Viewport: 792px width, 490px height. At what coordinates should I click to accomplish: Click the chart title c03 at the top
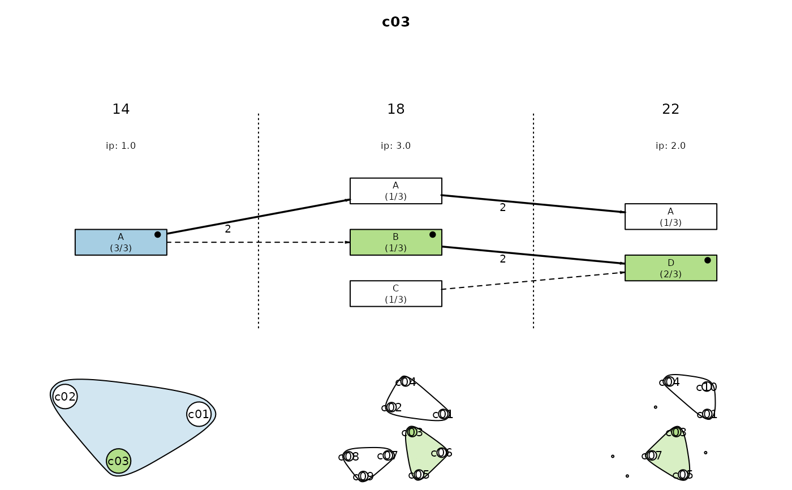pos(395,22)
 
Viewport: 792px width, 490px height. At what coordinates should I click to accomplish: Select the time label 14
pos(120,109)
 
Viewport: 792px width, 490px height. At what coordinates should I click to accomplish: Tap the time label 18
pos(395,109)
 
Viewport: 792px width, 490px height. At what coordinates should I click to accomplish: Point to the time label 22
pos(670,109)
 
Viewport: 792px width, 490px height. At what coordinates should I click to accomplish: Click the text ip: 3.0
pos(395,146)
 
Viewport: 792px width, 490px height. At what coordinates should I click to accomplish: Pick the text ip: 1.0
pos(120,146)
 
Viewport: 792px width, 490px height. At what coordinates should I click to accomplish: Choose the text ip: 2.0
pos(670,146)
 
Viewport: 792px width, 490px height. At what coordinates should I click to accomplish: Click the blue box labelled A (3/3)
pos(120,242)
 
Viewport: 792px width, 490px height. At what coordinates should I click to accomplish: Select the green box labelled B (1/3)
pos(395,242)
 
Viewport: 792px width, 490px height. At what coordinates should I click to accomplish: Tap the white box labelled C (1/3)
pos(395,294)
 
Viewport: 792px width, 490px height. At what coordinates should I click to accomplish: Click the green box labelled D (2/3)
pos(670,268)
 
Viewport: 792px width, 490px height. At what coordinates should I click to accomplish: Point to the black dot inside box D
pos(707,260)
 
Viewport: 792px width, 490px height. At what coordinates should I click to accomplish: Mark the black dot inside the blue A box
pos(157,234)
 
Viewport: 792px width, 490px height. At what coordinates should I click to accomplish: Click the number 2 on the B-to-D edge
pos(502,259)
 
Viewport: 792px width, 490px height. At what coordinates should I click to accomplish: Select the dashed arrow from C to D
pos(533,281)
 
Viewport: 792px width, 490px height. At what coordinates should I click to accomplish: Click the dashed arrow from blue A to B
pos(258,242)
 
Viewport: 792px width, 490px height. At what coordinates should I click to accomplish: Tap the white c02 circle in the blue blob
pos(65,397)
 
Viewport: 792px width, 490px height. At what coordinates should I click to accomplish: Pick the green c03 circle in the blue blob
pos(118,461)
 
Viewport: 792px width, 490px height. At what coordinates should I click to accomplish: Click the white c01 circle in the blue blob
pos(199,414)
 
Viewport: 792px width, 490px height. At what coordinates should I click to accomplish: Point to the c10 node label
pos(707,387)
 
